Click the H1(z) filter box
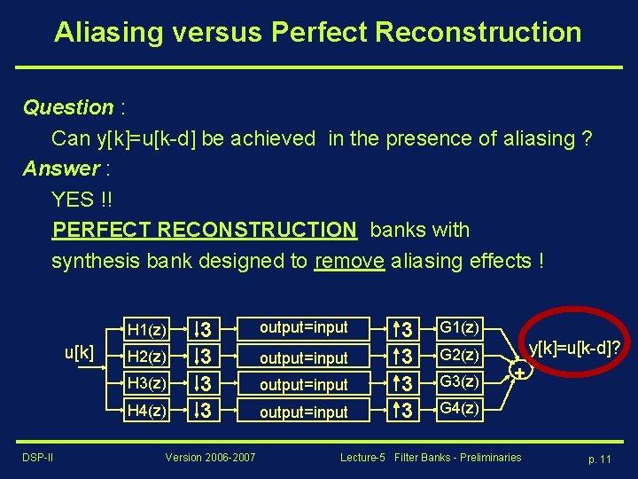coord(146,330)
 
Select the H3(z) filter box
coord(146,384)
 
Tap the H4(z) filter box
coord(146,411)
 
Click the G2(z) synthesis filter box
coord(459,356)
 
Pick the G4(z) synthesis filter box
coord(459,409)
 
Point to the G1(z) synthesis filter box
coord(459,328)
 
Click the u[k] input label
coord(79,352)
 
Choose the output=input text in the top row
coord(303,328)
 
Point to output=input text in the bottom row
coord(303,412)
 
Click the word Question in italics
coord(68,108)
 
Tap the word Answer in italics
coord(60,169)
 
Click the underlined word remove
coord(349,261)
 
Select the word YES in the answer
coord(72,200)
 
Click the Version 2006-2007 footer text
coord(210,457)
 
